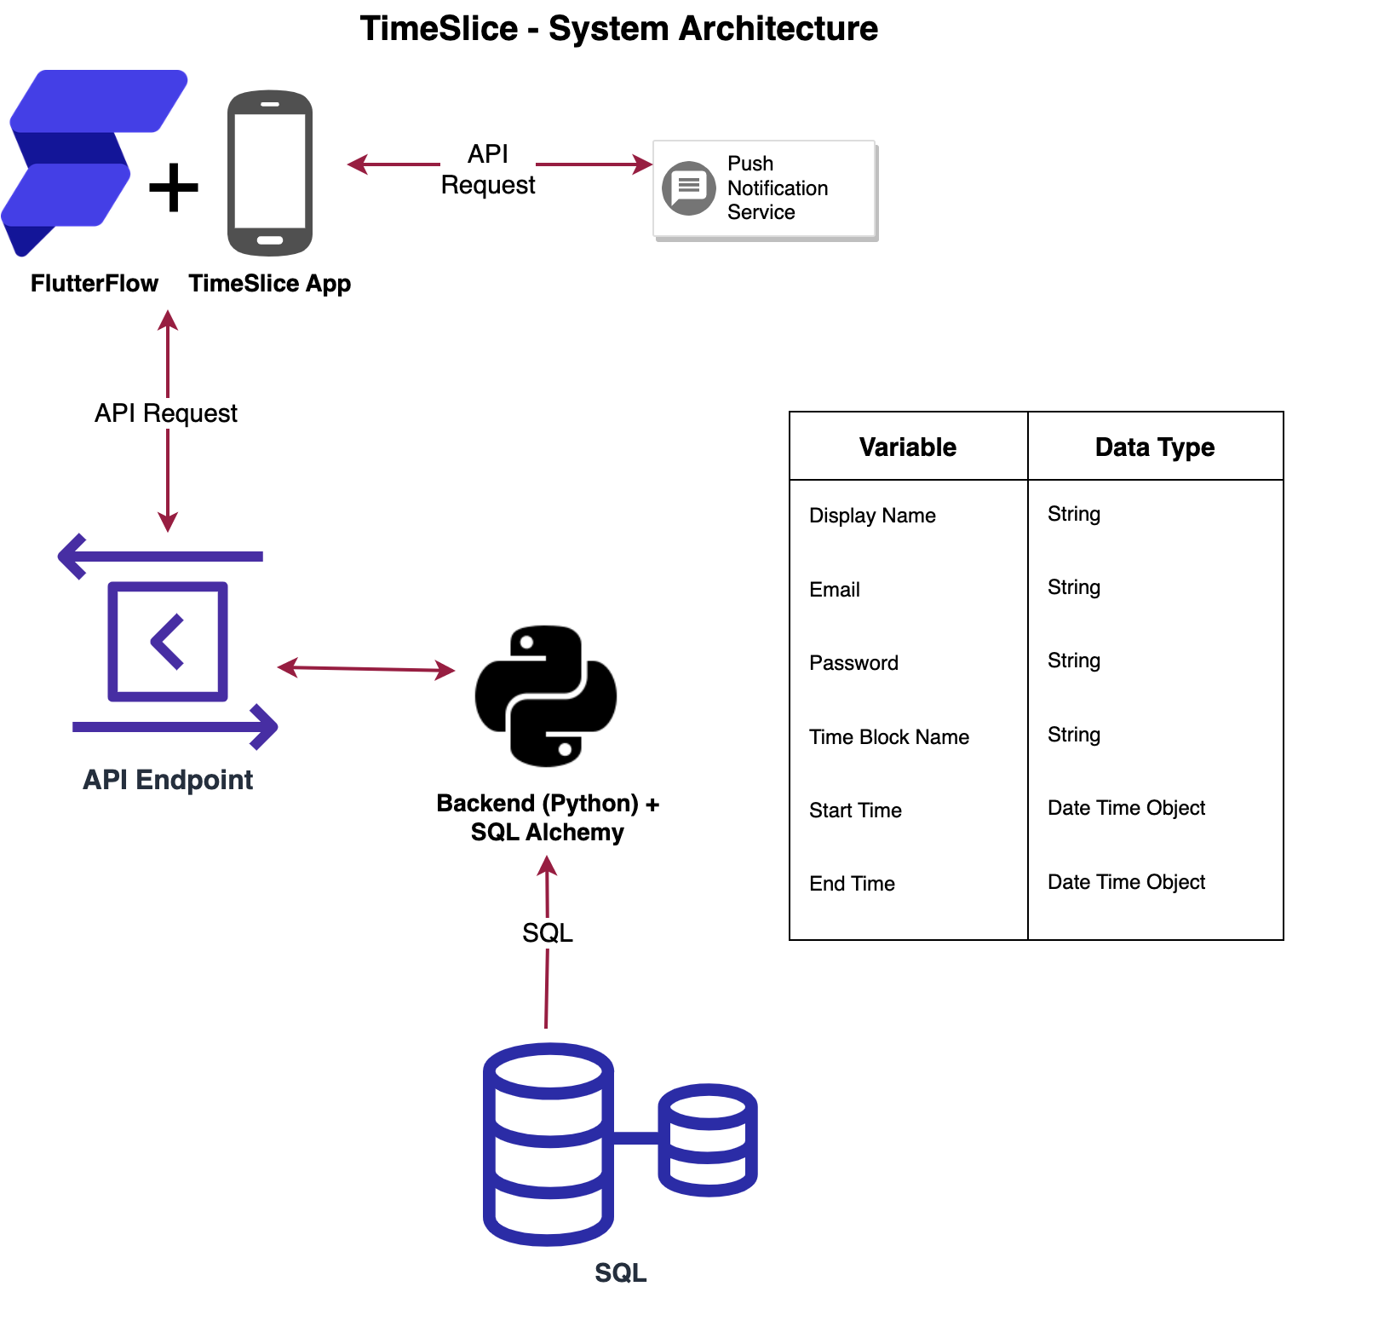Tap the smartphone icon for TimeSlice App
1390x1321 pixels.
270,173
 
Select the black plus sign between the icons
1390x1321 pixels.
174,187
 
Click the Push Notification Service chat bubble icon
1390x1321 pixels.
688,187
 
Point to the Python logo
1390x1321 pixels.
546,695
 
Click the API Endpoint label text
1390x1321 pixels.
168,780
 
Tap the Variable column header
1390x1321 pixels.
908,447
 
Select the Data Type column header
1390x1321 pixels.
1155,447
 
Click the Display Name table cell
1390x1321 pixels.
872,516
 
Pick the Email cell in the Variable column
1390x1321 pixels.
835,590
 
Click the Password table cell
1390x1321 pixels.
853,663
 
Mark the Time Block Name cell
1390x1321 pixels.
889,737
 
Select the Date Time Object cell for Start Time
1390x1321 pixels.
1126,808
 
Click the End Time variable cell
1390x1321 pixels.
852,884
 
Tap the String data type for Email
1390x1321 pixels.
1074,587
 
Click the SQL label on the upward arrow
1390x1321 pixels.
548,933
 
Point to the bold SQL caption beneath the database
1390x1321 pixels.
621,1272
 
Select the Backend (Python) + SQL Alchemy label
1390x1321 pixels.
548,817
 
